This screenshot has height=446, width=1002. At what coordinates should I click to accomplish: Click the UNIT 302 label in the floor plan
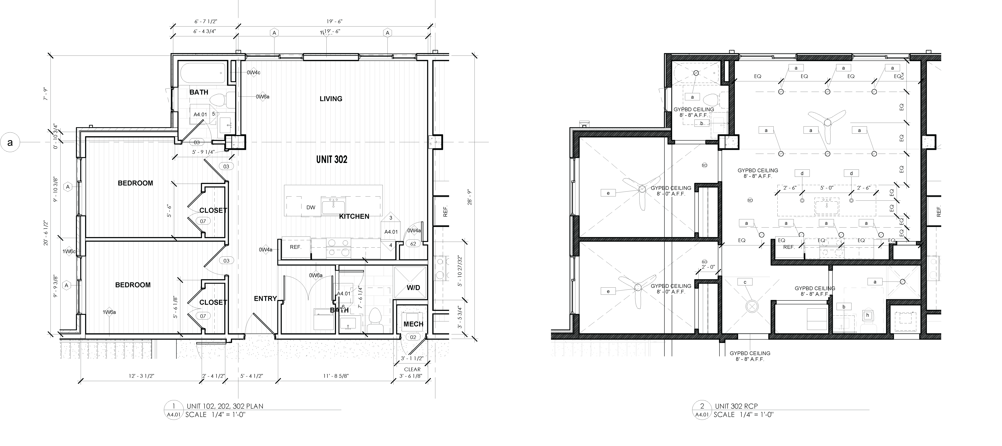[x=331, y=159]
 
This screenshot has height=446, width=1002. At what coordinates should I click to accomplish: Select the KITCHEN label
[x=354, y=216]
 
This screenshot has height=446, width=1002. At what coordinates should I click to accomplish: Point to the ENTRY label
[x=265, y=298]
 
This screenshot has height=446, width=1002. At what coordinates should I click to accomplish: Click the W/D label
[x=413, y=288]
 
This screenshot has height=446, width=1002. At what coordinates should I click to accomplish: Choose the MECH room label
[x=413, y=324]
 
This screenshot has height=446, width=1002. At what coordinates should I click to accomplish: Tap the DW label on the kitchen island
[x=311, y=207]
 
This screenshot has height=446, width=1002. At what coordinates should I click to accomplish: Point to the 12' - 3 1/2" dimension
[x=142, y=376]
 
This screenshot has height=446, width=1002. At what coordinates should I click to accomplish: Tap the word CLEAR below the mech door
[x=412, y=369]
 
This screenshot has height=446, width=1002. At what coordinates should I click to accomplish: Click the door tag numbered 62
[x=413, y=244]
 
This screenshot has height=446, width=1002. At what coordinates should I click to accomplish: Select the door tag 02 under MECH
[x=413, y=337]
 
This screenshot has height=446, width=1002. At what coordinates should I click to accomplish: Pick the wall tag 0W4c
[x=254, y=72]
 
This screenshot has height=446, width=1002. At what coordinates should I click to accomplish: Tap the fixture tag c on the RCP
[x=745, y=282]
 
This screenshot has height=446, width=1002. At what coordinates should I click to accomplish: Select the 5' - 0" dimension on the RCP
[x=827, y=188]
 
